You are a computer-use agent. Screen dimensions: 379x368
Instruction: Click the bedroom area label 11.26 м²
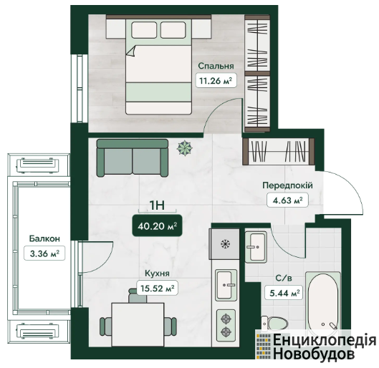click(216, 80)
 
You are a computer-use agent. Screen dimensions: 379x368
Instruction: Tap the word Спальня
click(216, 66)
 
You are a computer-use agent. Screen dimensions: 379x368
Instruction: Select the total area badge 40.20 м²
click(157, 226)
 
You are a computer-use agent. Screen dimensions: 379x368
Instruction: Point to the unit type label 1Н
click(157, 205)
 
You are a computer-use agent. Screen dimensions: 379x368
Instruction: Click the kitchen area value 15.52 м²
click(158, 288)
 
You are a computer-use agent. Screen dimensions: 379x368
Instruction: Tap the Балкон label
click(44, 238)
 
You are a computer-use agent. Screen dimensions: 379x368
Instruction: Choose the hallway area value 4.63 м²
click(287, 200)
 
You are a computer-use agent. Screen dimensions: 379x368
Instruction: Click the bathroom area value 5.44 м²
click(284, 293)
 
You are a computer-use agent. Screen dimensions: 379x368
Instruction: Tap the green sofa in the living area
click(133, 158)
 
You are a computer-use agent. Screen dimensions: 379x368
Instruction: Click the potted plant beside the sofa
click(185, 148)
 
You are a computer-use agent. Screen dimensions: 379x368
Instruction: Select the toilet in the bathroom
click(274, 323)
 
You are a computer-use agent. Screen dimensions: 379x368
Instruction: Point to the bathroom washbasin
click(256, 247)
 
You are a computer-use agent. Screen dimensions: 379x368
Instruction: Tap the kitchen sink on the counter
click(226, 285)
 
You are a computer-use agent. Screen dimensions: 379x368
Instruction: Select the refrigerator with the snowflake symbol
click(225, 244)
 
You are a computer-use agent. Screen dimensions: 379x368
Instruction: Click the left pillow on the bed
click(144, 30)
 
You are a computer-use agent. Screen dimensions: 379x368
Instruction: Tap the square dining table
click(138, 325)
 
